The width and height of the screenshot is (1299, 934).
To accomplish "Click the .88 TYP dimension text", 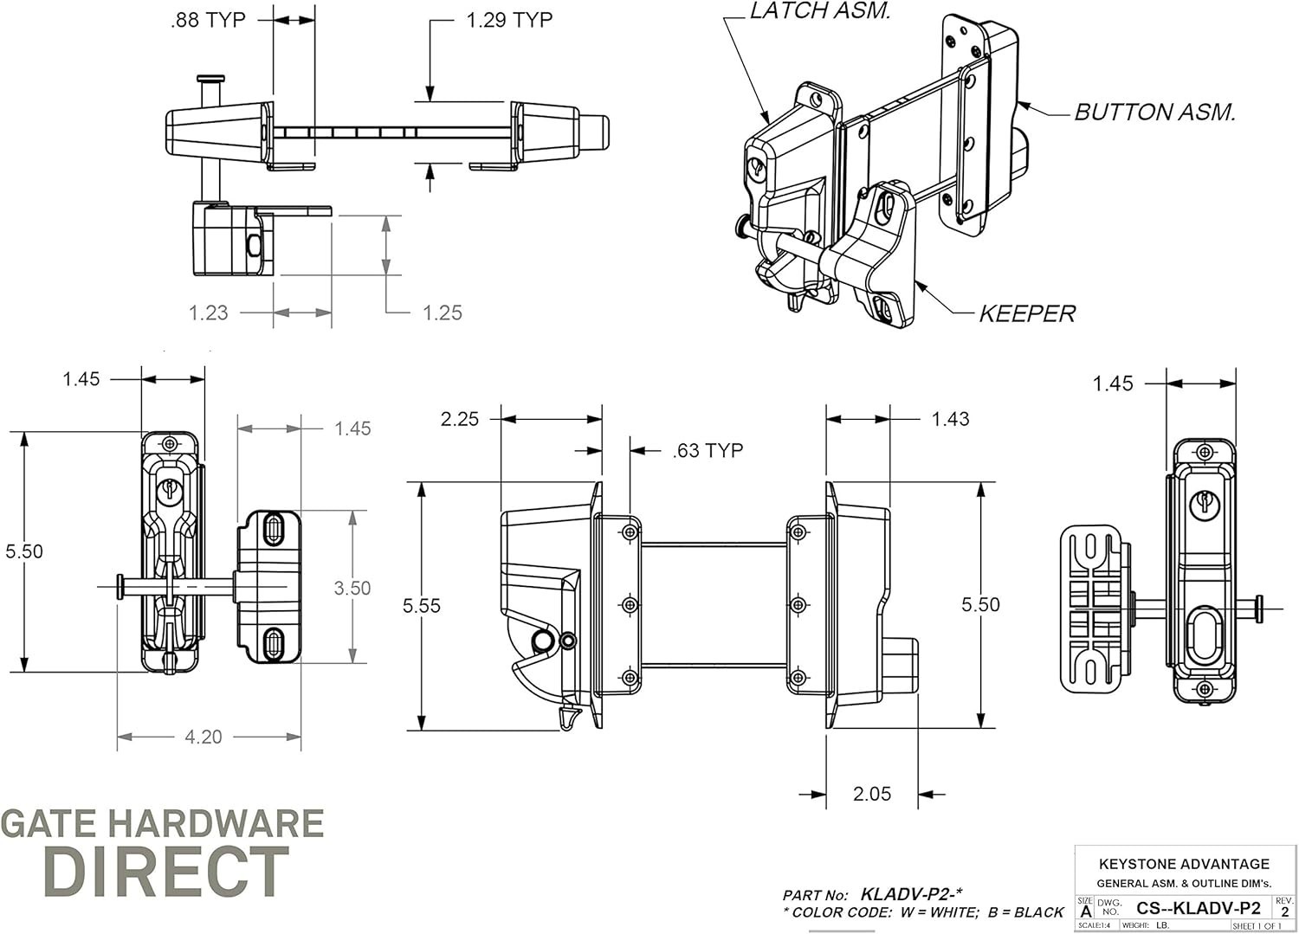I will click(208, 20).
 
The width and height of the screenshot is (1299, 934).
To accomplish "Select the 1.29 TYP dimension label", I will click(509, 20).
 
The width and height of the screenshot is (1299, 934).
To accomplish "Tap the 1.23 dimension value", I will click(209, 312).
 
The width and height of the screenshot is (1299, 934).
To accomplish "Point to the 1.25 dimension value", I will click(442, 312).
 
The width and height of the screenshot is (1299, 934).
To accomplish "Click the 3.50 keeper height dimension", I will click(352, 588).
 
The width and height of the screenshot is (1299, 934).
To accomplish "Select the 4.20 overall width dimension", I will click(204, 737).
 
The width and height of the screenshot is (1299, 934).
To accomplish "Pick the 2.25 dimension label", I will click(459, 419).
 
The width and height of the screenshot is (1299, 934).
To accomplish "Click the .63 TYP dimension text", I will click(708, 450).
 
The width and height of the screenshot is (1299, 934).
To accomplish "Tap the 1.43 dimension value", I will click(950, 419).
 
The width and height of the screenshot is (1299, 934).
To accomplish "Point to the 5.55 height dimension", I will click(422, 606).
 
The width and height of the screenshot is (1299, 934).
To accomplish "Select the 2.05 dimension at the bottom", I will click(871, 794).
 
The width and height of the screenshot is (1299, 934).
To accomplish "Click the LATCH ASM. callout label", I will click(820, 11).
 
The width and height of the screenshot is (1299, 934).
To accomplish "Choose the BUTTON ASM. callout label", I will click(1154, 113).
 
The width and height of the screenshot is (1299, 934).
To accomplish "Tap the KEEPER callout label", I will click(1027, 313).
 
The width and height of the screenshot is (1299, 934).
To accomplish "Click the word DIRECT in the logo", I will click(165, 871).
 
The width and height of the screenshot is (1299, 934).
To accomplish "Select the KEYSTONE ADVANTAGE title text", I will click(1184, 864).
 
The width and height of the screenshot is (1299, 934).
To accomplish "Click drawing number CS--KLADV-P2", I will click(1199, 908).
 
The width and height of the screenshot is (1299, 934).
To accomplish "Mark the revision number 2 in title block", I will click(1284, 911).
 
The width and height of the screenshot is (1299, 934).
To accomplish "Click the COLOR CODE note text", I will click(923, 912).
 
